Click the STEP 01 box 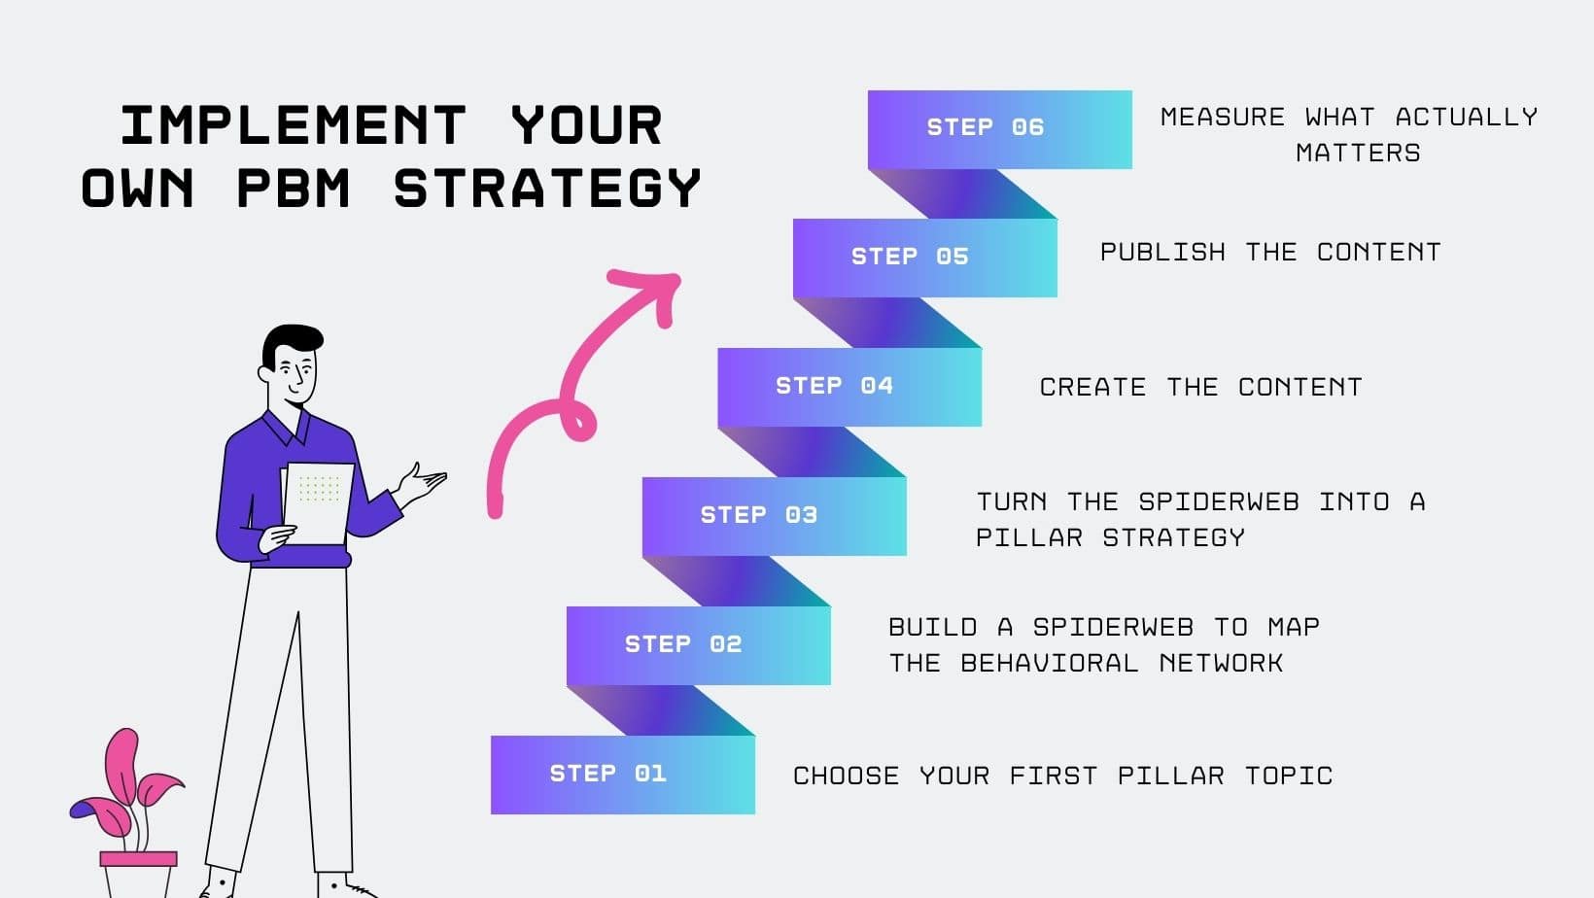coord(622,775)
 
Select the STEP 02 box coord(698,645)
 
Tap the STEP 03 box coord(774,516)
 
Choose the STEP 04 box coord(849,387)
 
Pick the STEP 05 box coord(924,258)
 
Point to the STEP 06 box coord(999,128)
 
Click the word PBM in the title coord(294,188)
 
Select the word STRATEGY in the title coord(547,188)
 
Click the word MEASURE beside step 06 coord(1223,118)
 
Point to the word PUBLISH coord(1162,253)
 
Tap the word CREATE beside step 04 coord(1092,388)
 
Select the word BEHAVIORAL coord(1049,664)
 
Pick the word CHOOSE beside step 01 coord(846,777)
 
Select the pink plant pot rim coord(139,859)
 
